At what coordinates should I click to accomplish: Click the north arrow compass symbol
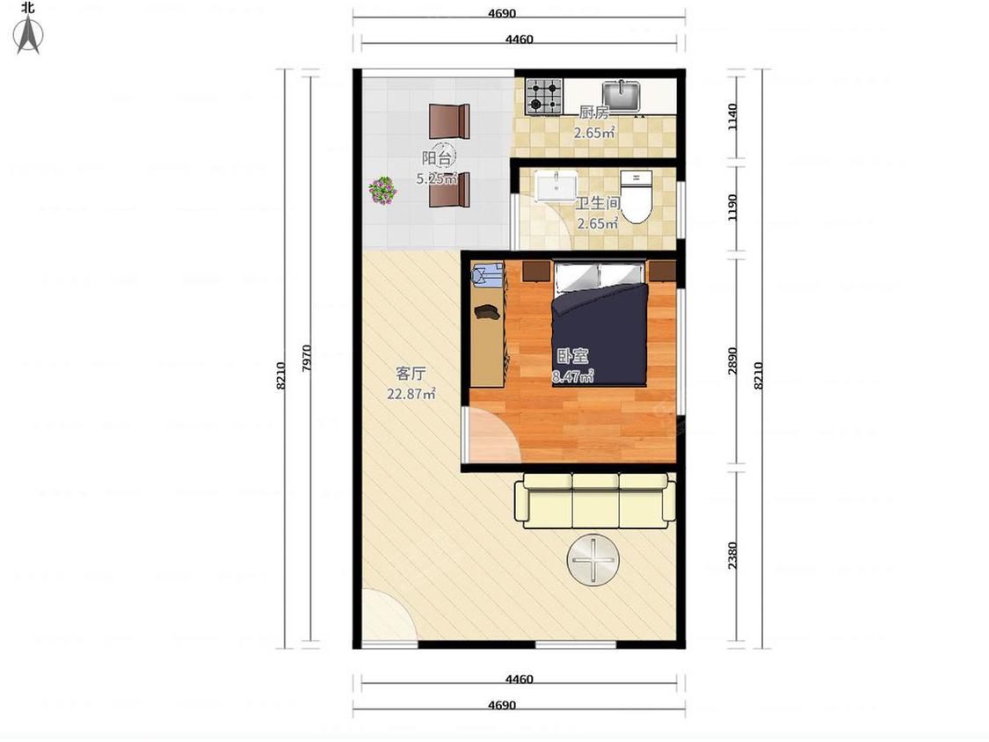pyautogui.click(x=28, y=34)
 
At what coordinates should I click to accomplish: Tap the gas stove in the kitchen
pyautogui.click(x=543, y=96)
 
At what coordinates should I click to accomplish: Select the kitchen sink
pyautogui.click(x=622, y=95)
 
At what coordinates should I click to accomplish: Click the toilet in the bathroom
pyautogui.click(x=636, y=196)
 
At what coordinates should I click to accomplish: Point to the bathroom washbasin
pyautogui.click(x=556, y=185)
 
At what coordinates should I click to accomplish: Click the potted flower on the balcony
pyautogui.click(x=382, y=190)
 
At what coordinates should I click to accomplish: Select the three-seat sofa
pyautogui.click(x=595, y=500)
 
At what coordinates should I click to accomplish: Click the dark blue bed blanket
pyautogui.click(x=600, y=335)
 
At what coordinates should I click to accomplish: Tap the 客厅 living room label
pyautogui.click(x=411, y=374)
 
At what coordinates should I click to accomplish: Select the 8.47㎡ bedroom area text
pyautogui.click(x=572, y=377)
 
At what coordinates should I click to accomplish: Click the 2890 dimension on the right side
pyautogui.click(x=731, y=361)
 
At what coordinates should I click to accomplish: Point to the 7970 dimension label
pyautogui.click(x=307, y=358)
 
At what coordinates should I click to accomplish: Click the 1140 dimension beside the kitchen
pyautogui.click(x=731, y=117)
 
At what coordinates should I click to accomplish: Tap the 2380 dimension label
pyautogui.click(x=731, y=556)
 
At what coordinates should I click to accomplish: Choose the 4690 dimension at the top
pyautogui.click(x=502, y=13)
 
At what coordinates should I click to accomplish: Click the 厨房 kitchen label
pyautogui.click(x=594, y=113)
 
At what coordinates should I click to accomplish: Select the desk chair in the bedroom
pyautogui.click(x=488, y=276)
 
